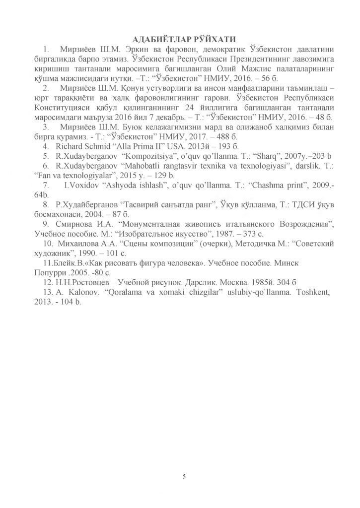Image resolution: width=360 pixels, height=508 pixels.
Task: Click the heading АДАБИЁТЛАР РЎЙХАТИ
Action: coord(180,39)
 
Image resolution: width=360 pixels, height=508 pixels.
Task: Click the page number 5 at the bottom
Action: coord(184,477)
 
